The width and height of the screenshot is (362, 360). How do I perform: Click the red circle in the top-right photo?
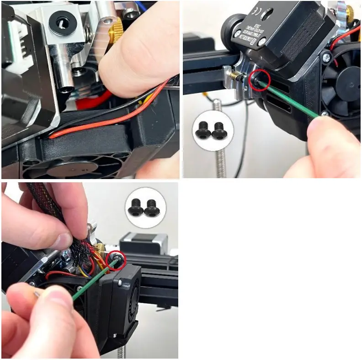point(260,79)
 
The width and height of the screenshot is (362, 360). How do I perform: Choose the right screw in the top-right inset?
point(219,130)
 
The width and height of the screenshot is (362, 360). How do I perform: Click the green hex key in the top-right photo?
point(293,102)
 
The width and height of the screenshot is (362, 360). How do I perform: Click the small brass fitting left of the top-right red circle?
point(234,74)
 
